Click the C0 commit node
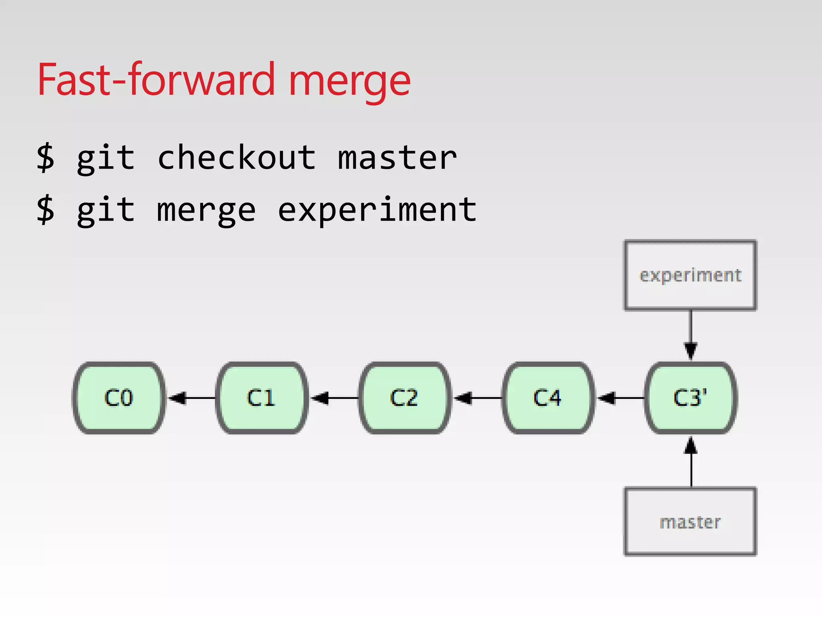(119, 398)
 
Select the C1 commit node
(262, 398)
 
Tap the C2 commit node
(405, 398)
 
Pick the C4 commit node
(548, 398)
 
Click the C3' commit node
(691, 398)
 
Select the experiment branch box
(690, 275)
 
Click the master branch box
(690, 521)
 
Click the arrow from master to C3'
(691, 462)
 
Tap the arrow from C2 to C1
(334, 398)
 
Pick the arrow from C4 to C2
(477, 398)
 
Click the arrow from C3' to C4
(621, 398)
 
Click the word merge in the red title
(350, 80)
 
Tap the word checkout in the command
(237, 158)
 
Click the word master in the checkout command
(397, 158)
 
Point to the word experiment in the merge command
(377, 210)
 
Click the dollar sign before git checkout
(45, 158)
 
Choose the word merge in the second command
(206, 210)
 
